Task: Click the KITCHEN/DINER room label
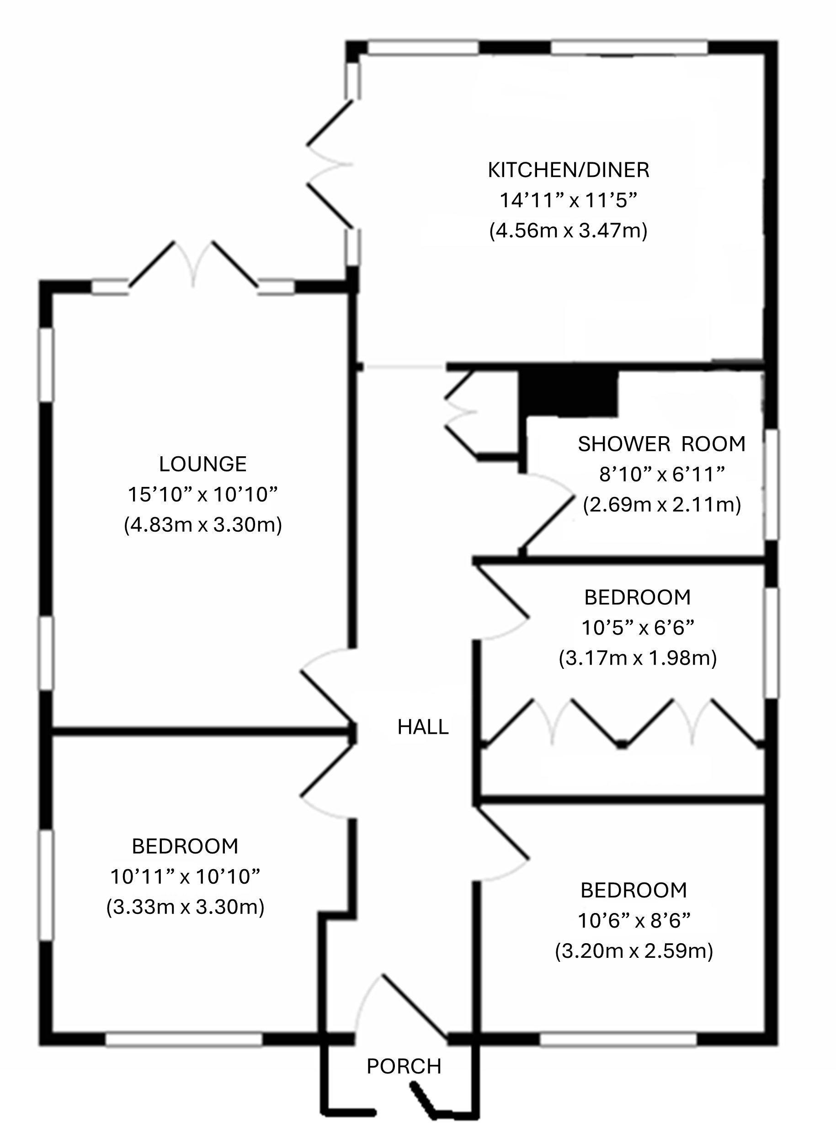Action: tap(568, 170)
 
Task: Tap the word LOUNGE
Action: tap(203, 464)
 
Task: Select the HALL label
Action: tap(423, 727)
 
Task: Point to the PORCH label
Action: tap(404, 1067)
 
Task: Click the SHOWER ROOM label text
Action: tap(662, 444)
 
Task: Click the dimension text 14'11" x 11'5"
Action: tap(568, 200)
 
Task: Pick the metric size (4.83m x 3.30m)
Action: tap(203, 525)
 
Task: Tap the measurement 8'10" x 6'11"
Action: tap(662, 474)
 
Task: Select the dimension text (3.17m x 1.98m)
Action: tap(638, 658)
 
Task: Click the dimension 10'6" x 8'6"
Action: tap(634, 921)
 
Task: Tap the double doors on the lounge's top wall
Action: tap(193, 266)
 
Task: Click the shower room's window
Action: tap(771, 485)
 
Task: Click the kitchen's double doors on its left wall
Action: tap(329, 164)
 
